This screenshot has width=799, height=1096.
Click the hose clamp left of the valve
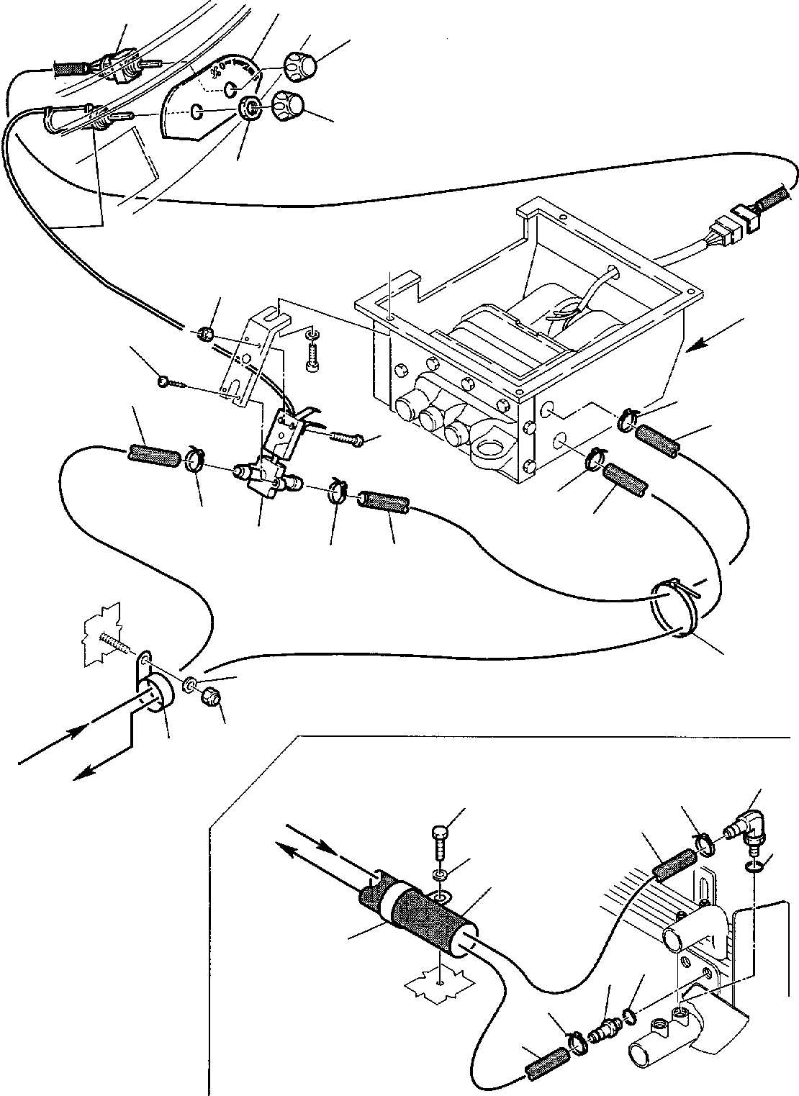point(193,460)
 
